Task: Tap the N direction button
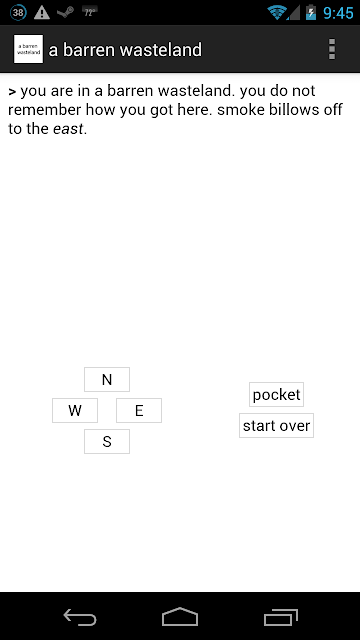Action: pyautogui.click(x=107, y=379)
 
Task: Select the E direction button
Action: pyautogui.click(x=139, y=410)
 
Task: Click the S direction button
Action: pyautogui.click(x=107, y=441)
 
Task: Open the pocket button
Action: pyautogui.click(x=276, y=394)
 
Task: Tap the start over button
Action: pyautogui.click(x=276, y=425)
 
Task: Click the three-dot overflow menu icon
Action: pyautogui.click(x=332, y=49)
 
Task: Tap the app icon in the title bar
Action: pyautogui.click(x=28, y=49)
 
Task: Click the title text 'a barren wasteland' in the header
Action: pyautogui.click(x=125, y=50)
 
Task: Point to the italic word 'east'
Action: pyautogui.click(x=68, y=129)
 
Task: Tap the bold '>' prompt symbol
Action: pyautogui.click(x=12, y=92)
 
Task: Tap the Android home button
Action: pyautogui.click(x=180, y=616)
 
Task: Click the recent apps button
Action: pyautogui.click(x=281, y=617)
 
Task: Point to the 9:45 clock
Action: pyautogui.click(x=338, y=13)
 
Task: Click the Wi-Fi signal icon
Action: pyautogui.click(x=277, y=13)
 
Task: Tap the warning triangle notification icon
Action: pyautogui.click(x=42, y=13)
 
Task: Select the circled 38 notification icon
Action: pyautogui.click(x=18, y=13)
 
